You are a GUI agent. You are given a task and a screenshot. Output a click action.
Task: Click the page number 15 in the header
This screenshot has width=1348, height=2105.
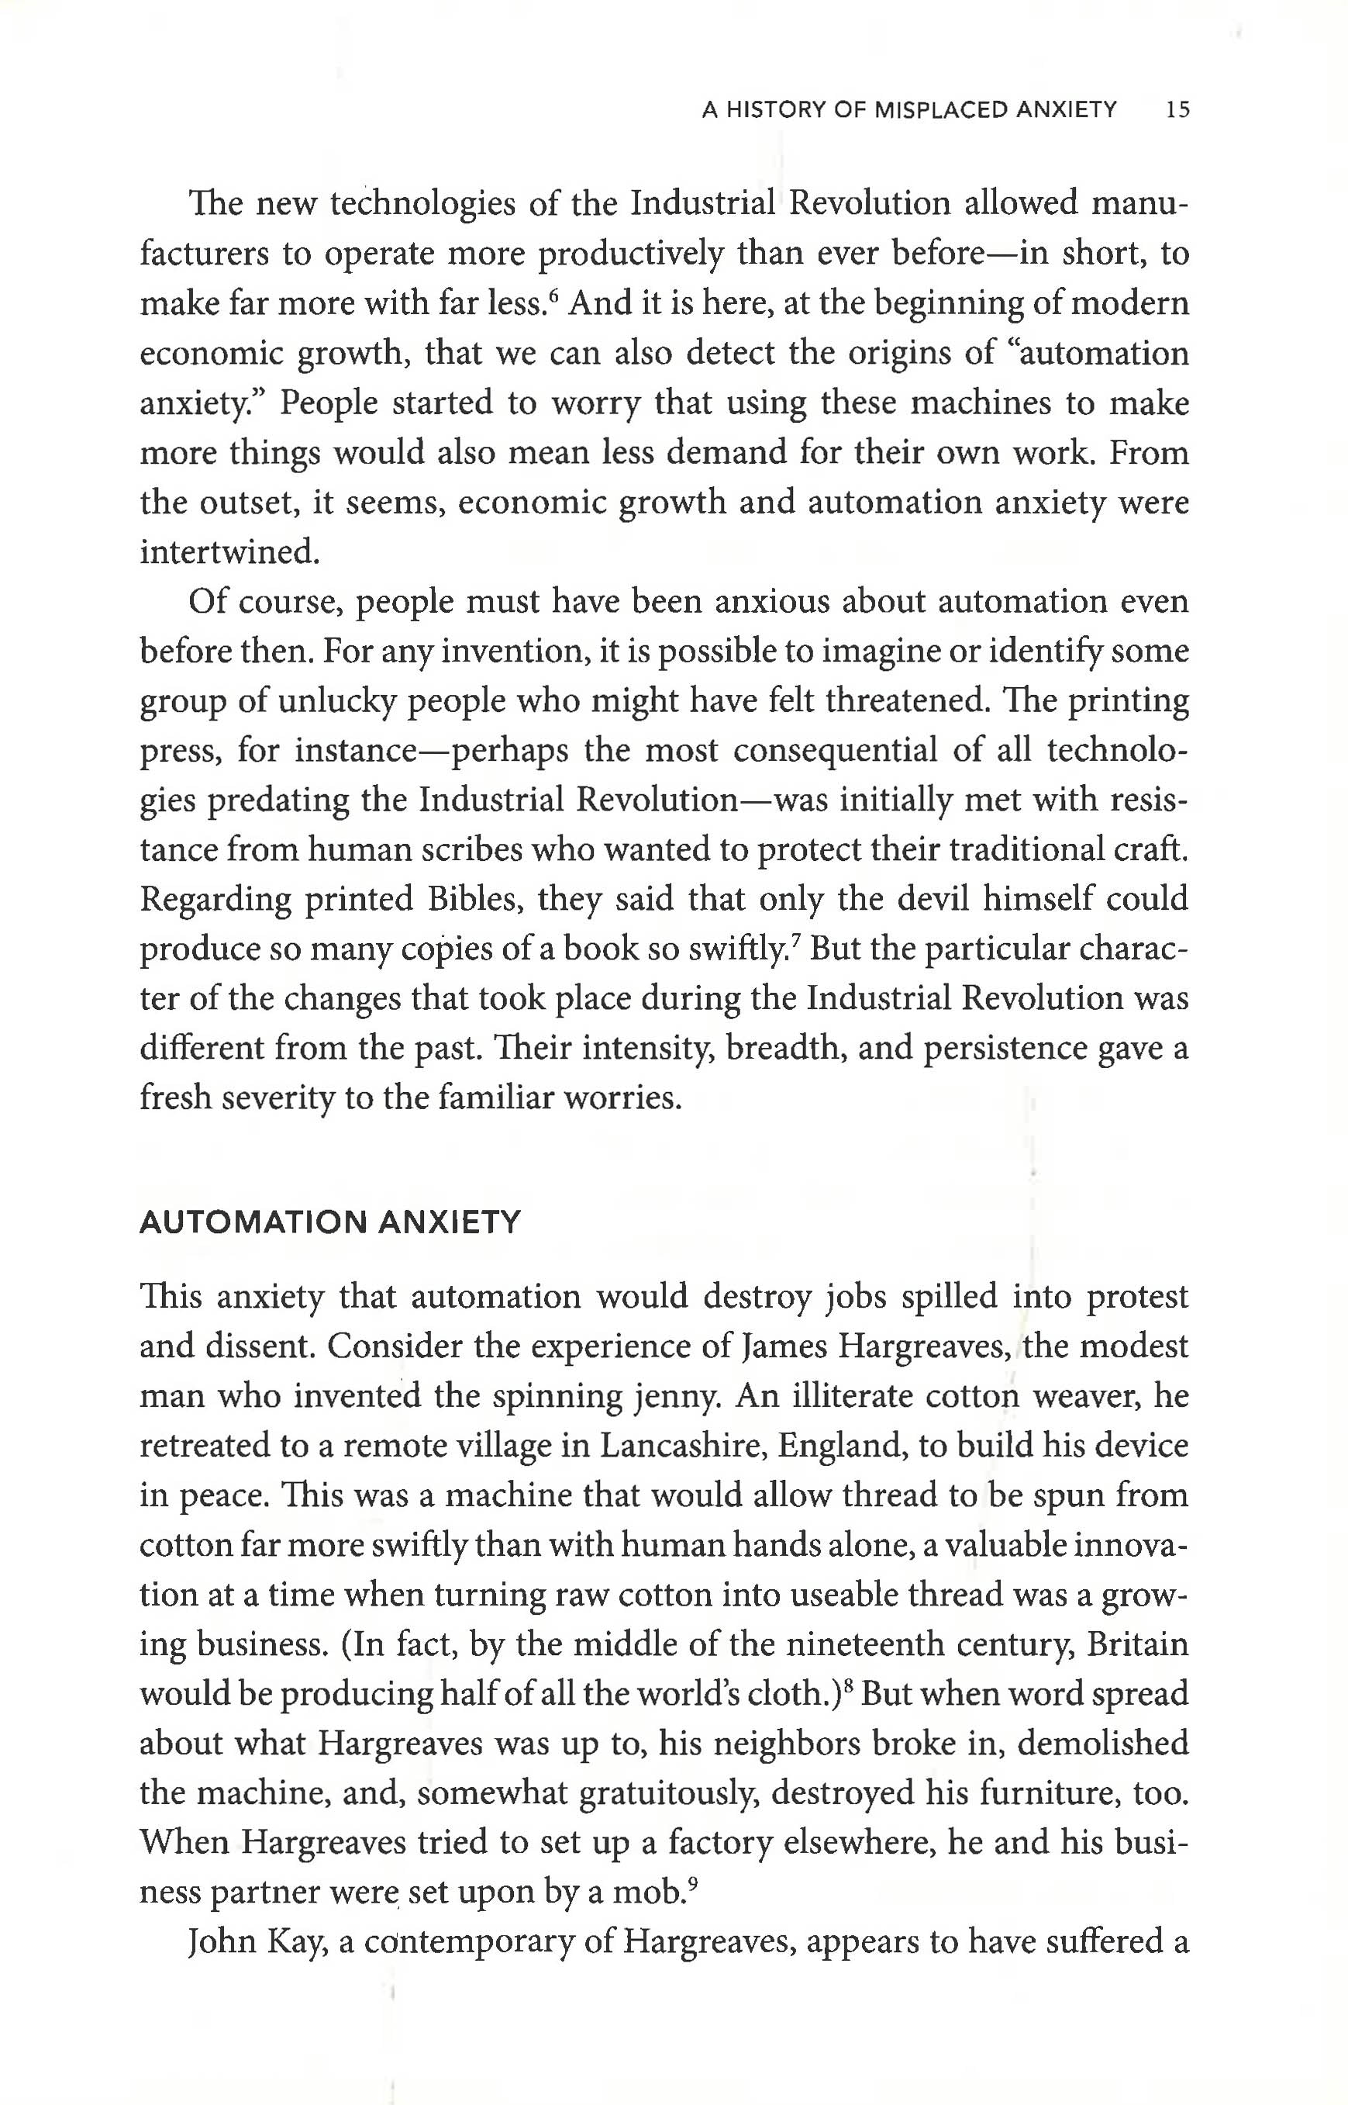click(x=1177, y=110)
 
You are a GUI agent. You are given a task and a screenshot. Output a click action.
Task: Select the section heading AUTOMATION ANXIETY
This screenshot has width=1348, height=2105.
click(x=330, y=1222)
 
